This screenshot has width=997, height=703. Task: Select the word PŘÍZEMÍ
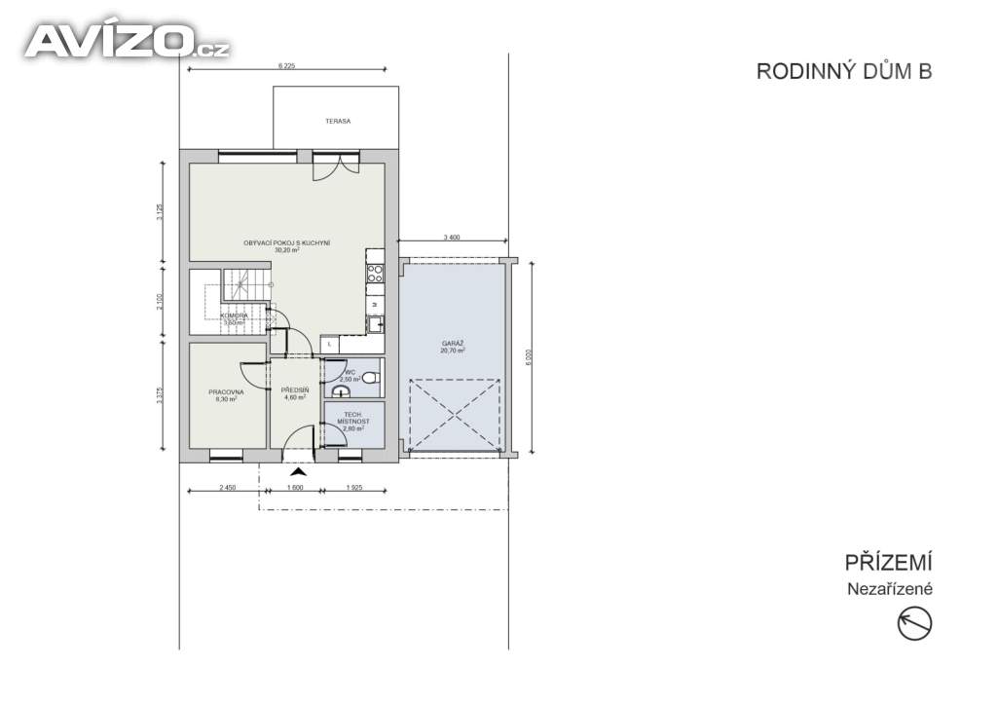[x=889, y=563]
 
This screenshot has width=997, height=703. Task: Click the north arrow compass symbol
[x=914, y=623]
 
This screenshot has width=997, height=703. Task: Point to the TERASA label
[x=337, y=122]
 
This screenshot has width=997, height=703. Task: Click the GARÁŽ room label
[x=452, y=344]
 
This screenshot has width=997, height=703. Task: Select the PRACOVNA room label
[x=226, y=392]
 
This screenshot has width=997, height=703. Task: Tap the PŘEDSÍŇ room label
[x=295, y=390]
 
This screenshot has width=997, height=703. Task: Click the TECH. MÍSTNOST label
[x=351, y=420]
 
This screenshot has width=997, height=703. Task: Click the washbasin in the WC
[x=339, y=390]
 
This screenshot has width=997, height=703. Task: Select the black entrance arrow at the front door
[x=298, y=472]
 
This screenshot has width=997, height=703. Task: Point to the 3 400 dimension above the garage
[x=452, y=237]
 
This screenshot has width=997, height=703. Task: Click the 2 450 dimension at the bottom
[x=227, y=487]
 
